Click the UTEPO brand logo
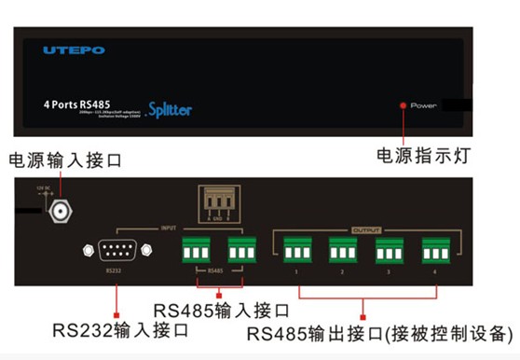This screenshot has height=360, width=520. [74, 49]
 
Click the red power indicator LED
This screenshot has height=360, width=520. [403, 105]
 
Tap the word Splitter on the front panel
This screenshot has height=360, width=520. [169, 109]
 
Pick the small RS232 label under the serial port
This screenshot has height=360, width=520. [114, 273]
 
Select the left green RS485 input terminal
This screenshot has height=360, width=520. [197, 250]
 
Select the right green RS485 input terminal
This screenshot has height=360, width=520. [240, 250]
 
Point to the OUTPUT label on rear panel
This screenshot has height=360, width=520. [367, 228]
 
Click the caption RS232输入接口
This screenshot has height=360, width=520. [120, 330]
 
